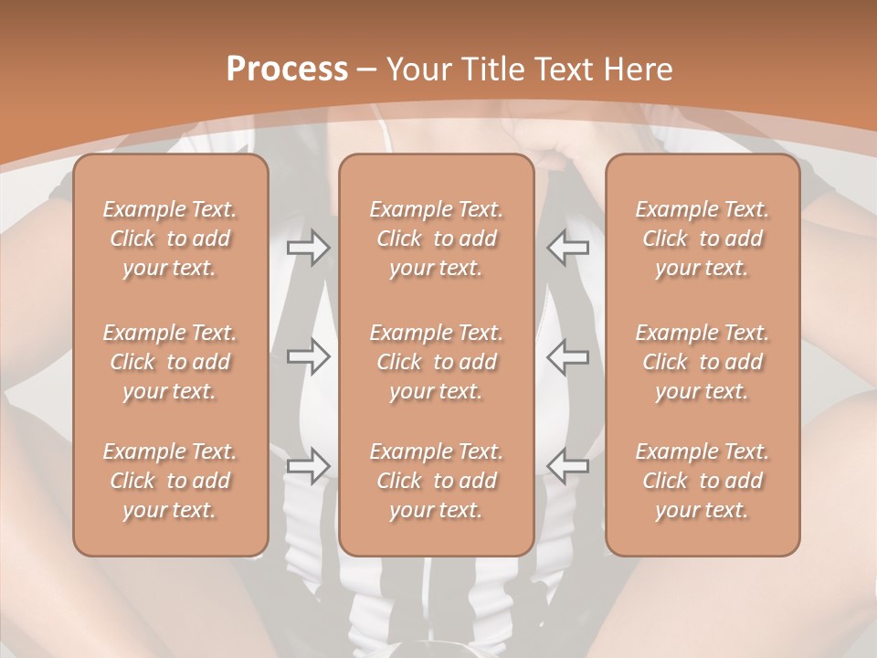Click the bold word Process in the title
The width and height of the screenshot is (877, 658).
(x=287, y=69)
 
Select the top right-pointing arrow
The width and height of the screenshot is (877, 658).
(x=308, y=248)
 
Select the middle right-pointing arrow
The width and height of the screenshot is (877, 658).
(x=308, y=356)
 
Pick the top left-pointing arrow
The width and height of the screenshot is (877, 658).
(x=568, y=248)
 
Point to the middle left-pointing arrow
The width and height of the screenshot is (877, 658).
(x=568, y=356)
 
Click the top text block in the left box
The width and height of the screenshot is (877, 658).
(x=170, y=239)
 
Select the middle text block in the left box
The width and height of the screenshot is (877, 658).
(x=170, y=362)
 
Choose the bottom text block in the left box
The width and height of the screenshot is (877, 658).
(x=170, y=481)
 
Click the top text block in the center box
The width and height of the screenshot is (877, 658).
(x=436, y=239)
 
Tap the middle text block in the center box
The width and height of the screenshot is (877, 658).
(x=436, y=362)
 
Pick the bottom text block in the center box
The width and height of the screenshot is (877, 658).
(x=436, y=481)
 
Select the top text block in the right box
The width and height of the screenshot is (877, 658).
(x=702, y=239)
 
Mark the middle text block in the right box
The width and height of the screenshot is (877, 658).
(x=702, y=362)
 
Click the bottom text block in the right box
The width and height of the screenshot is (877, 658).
(x=702, y=481)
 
